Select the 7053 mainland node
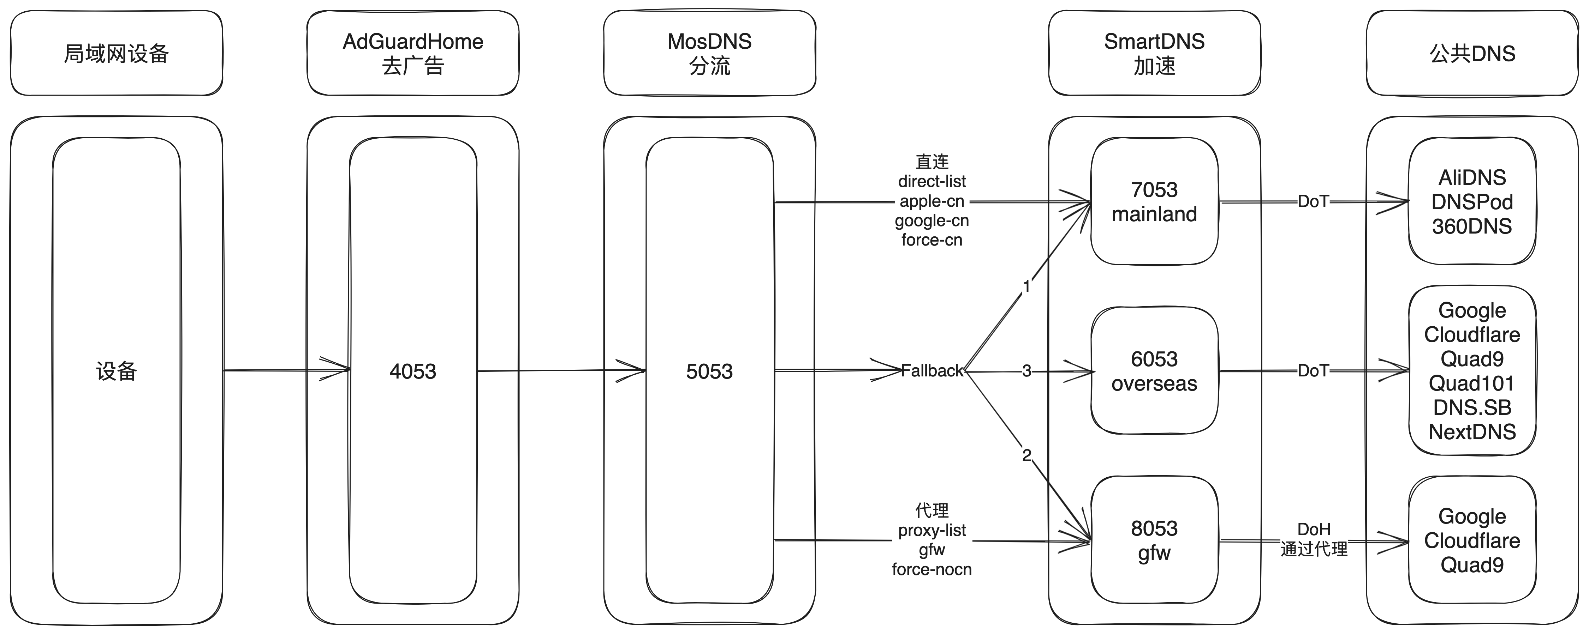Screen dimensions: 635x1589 (x=1154, y=201)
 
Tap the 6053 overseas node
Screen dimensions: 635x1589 (x=1154, y=371)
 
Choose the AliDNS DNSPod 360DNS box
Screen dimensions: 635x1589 (x=1472, y=201)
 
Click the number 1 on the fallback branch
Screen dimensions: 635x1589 (x=1026, y=287)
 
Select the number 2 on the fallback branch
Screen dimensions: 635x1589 (x=1026, y=455)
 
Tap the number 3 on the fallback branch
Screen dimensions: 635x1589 (x=1026, y=371)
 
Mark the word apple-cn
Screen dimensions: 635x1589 (x=932, y=201)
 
